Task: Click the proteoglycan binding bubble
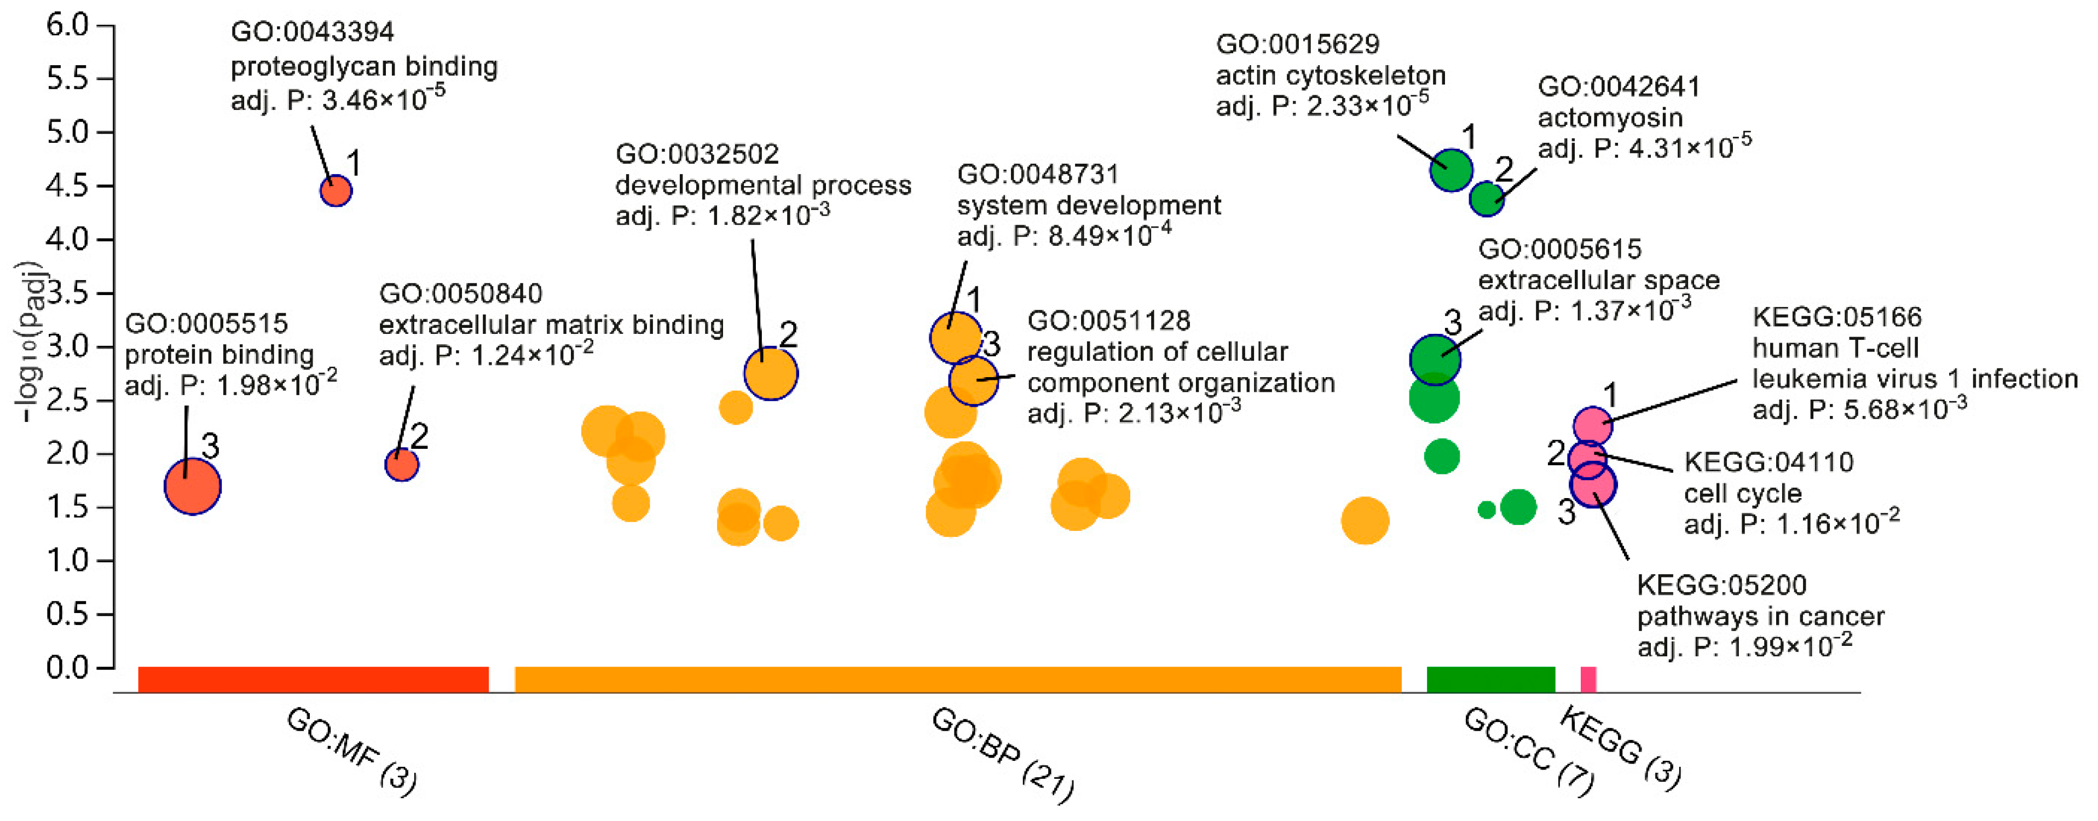[x=336, y=192]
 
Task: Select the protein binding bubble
[x=192, y=486]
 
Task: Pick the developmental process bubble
[x=771, y=374]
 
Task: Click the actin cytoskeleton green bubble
[x=1452, y=170]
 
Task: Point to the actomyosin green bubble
[x=1487, y=198]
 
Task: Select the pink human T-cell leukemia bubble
[x=1592, y=424]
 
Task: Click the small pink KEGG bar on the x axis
[x=1588, y=679]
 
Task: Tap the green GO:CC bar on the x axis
[x=1490, y=679]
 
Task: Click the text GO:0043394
[x=313, y=32]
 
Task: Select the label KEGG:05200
[x=1722, y=585]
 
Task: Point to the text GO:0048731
[x=1038, y=174]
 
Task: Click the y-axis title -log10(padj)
[x=28, y=342]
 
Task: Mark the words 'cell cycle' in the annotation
[x=1742, y=494]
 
